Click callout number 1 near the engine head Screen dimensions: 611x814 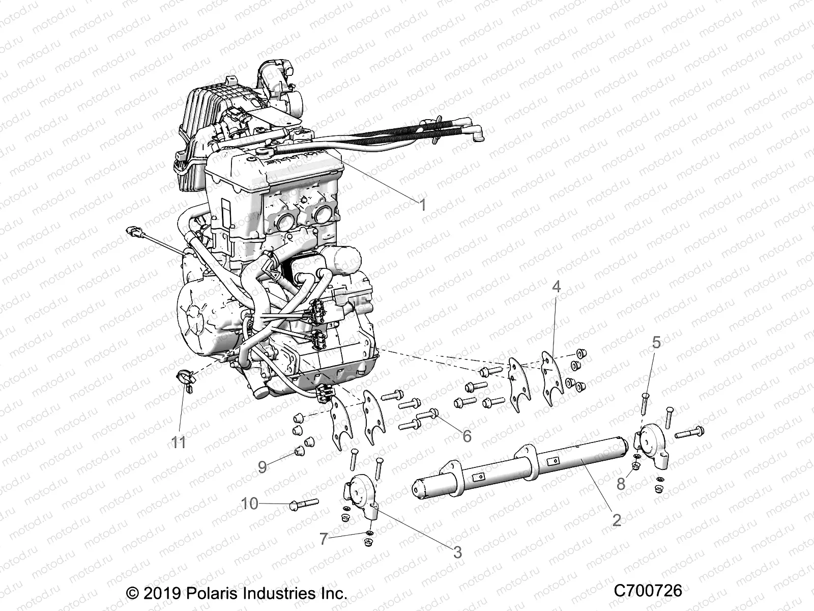tap(422, 205)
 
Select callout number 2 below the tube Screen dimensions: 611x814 tap(617, 520)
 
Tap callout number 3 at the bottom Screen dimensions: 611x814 tap(457, 551)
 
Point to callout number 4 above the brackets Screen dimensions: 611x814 tap(556, 287)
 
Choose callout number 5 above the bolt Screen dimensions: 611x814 tap(657, 343)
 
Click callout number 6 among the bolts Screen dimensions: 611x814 tap(466, 435)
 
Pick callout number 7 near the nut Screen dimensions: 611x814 tap(324, 539)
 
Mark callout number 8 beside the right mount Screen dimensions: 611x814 tap(621, 484)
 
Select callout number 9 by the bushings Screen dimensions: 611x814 tap(262, 467)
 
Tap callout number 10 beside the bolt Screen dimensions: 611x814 tap(250, 504)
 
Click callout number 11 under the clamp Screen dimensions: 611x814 tap(178, 442)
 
